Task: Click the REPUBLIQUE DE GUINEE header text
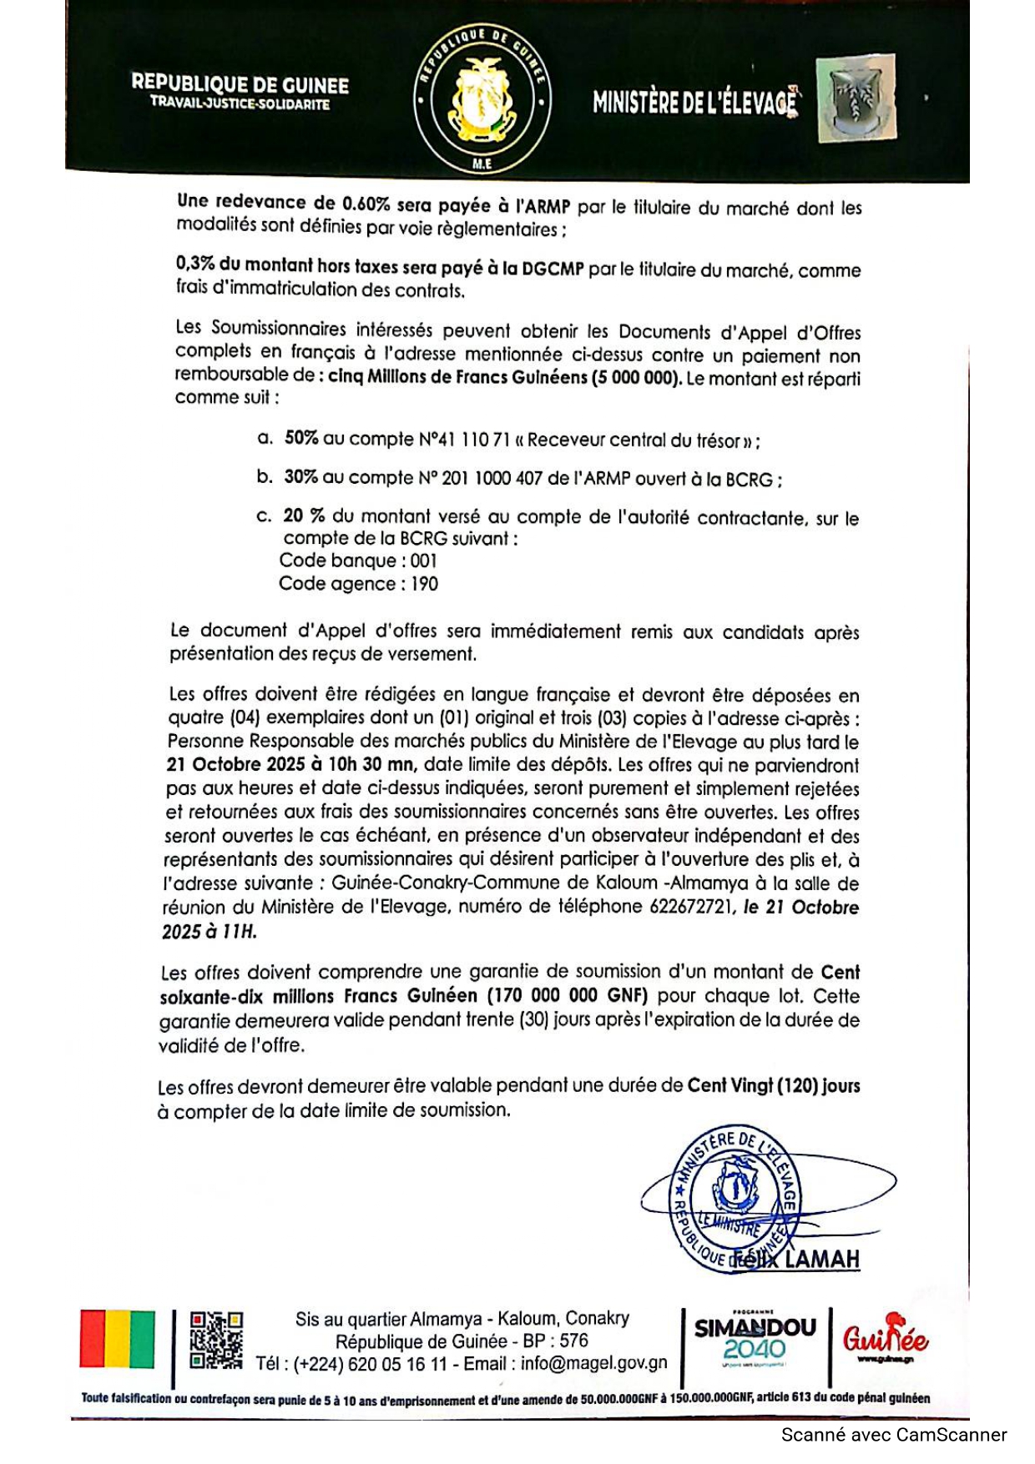[x=240, y=84]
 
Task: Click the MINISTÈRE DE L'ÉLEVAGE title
[x=694, y=102]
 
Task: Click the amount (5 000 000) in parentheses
[x=636, y=378]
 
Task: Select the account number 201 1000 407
[x=493, y=479]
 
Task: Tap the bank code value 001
[x=424, y=561]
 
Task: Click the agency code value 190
[x=424, y=584]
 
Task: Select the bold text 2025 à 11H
[x=210, y=931]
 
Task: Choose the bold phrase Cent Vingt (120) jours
[x=773, y=1086]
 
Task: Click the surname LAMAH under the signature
[x=821, y=1259]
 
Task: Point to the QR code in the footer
[x=216, y=1341]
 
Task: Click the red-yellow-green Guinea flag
[x=118, y=1339]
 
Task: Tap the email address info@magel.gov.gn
[x=593, y=1363]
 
